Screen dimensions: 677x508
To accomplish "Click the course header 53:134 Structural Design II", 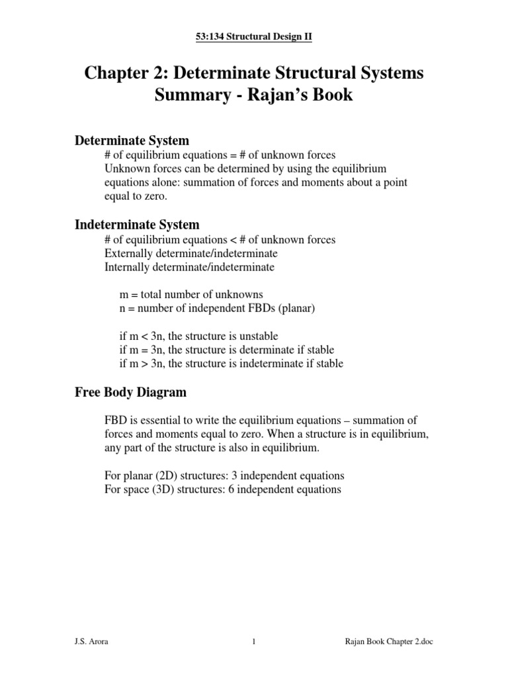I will coord(254,37).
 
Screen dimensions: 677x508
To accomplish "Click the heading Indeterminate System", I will coord(136,225).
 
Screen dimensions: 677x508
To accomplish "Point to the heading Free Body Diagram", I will coord(130,392).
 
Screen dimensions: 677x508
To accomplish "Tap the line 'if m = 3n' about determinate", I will coord(226,350).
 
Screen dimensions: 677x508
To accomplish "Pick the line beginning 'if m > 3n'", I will coord(231,364).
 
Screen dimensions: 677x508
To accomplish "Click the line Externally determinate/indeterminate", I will coord(190,253).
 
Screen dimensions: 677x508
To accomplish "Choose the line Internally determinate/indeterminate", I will coord(189,267).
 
